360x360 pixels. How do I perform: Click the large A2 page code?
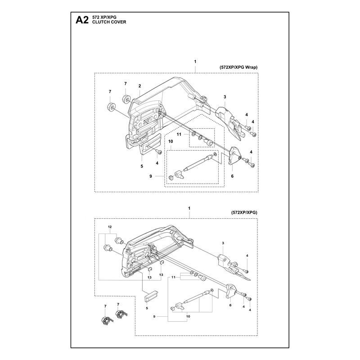tap(82, 20)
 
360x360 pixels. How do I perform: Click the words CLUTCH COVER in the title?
tap(109, 22)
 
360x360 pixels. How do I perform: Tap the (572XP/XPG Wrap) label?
tap(238, 67)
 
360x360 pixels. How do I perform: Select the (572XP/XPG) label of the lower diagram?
tap(244, 212)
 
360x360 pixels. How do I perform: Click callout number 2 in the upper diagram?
tap(139, 86)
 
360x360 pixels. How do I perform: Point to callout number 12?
tap(110, 227)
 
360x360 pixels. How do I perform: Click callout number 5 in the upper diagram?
tap(142, 166)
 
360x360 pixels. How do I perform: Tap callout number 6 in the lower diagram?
tap(230, 305)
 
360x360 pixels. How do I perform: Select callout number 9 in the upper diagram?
tap(151, 176)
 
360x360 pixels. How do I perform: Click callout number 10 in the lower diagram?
tap(188, 316)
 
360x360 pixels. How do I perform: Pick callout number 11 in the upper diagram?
tap(179, 134)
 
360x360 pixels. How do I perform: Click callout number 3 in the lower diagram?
tap(223, 243)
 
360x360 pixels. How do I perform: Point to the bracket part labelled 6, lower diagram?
tap(231, 291)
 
